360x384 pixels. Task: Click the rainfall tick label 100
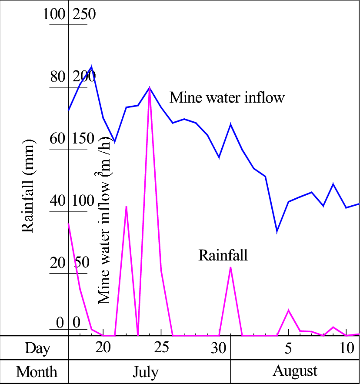point(54,14)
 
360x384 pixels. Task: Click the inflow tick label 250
point(84,14)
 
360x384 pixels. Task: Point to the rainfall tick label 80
point(57,77)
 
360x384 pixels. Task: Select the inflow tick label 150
point(83,139)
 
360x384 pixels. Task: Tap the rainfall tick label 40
point(57,201)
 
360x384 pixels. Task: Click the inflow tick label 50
point(81,263)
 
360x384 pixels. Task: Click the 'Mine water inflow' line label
point(227,97)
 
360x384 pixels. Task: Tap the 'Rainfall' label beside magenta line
point(223,255)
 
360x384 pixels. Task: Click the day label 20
point(103,348)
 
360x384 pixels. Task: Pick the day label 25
point(161,348)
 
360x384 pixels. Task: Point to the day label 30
point(219,348)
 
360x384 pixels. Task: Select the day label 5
point(288,348)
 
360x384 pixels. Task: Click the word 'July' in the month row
point(146,372)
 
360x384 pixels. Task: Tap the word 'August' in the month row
point(295,371)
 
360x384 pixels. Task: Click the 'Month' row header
point(37,372)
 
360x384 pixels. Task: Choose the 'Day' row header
point(37,348)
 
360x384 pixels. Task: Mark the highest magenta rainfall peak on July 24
point(150,90)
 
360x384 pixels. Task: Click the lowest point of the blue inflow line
point(277,231)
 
